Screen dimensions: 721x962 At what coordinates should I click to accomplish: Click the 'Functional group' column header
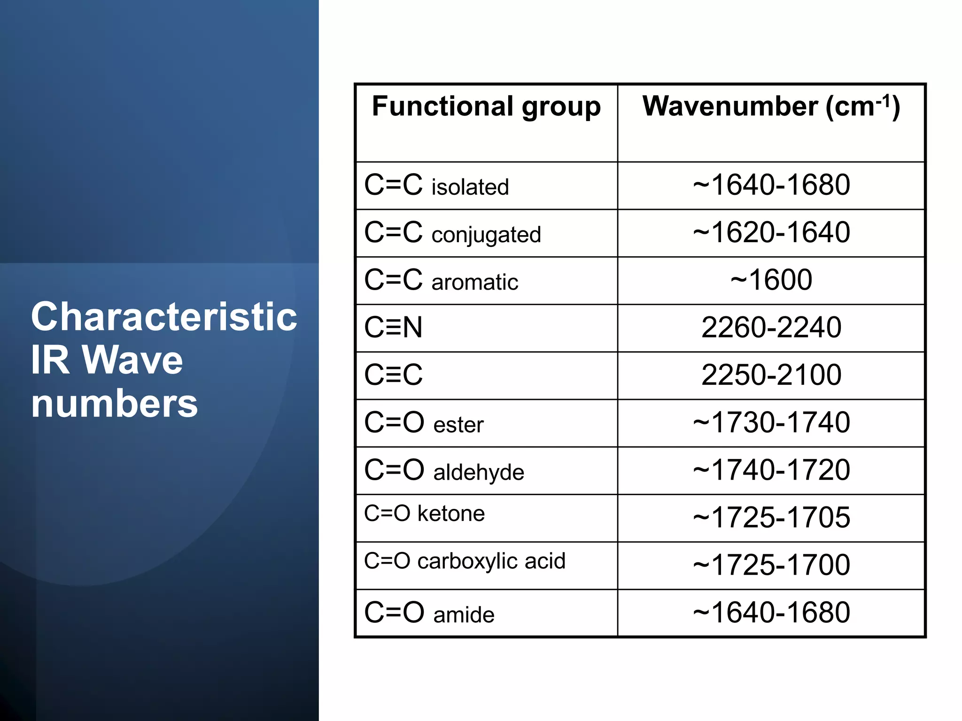[x=486, y=107]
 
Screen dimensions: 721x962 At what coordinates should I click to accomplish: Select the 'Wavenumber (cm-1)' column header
[x=771, y=107]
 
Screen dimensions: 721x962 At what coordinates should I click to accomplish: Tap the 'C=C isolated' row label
[x=436, y=185]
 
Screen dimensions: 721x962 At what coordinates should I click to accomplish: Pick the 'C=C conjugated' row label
[x=452, y=233]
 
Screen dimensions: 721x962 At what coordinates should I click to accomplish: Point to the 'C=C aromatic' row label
[x=441, y=281]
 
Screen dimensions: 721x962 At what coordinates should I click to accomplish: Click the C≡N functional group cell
[x=393, y=328]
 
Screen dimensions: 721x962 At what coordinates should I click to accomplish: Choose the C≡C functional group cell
[x=393, y=375]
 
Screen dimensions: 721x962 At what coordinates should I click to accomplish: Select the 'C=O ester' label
[x=424, y=423]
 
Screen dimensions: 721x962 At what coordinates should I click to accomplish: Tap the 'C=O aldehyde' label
[x=444, y=470]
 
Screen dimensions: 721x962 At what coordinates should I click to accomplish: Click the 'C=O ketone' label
[x=424, y=514]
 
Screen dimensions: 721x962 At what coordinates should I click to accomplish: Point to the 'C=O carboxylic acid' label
[x=465, y=561]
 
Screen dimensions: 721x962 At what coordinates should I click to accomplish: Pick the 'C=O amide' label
[x=429, y=613]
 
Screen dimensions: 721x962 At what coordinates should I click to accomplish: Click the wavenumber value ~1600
[x=771, y=280]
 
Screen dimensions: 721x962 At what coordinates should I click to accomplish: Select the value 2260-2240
[x=771, y=328]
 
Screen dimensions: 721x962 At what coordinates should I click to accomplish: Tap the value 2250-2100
[x=771, y=375]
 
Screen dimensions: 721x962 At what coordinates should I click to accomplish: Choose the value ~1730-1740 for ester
[x=771, y=422]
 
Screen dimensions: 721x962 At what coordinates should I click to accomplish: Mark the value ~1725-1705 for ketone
[x=771, y=518]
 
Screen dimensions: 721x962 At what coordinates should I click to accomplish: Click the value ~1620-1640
[x=771, y=232]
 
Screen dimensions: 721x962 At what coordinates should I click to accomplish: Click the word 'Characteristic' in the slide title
[x=164, y=317]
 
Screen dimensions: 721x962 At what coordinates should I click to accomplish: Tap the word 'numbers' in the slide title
[x=115, y=404]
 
